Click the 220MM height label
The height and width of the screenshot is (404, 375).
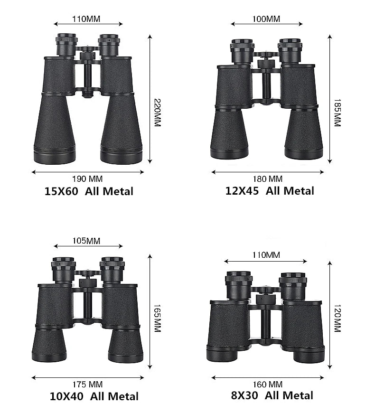point(158,113)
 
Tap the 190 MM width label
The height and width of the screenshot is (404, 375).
point(87,179)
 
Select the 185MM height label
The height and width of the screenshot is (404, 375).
point(337,113)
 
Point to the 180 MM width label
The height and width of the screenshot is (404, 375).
point(268,179)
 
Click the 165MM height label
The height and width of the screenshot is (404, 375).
point(158,318)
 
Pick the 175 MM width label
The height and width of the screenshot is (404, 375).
point(87,385)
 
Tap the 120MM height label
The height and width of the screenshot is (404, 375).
point(337,318)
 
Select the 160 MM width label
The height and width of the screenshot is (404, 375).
point(268,385)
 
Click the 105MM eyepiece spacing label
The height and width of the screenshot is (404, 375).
point(86,241)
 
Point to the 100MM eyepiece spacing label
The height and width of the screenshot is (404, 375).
point(266,19)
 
